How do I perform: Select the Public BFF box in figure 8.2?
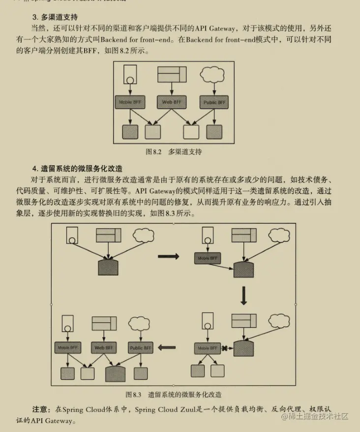(x=214, y=102)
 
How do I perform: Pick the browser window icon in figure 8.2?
(x=172, y=74)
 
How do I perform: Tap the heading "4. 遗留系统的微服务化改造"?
(x=77, y=168)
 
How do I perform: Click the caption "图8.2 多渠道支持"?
(x=174, y=152)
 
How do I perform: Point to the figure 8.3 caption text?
(x=174, y=394)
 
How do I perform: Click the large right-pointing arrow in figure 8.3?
(x=168, y=256)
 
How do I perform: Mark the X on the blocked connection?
(x=224, y=348)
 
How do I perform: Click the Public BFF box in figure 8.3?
(x=140, y=347)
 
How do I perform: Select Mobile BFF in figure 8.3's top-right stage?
(x=207, y=258)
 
